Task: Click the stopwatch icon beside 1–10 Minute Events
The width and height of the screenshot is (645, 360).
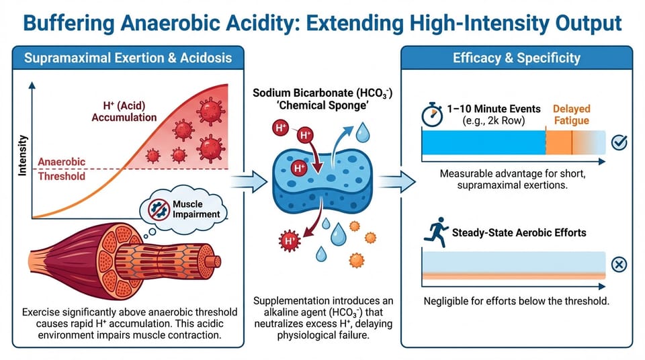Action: pyautogui.click(x=432, y=114)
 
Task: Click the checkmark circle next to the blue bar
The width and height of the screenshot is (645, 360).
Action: pyautogui.click(x=619, y=142)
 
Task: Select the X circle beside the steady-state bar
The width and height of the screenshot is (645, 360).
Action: pyautogui.click(x=619, y=265)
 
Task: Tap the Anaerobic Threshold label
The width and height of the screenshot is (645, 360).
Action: pyautogui.click(x=62, y=169)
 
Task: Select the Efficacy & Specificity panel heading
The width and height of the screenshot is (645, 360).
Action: pyautogui.click(x=516, y=57)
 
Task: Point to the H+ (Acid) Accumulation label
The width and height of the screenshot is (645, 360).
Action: pyautogui.click(x=125, y=111)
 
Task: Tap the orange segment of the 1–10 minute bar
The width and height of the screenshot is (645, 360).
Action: pyautogui.click(x=568, y=142)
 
